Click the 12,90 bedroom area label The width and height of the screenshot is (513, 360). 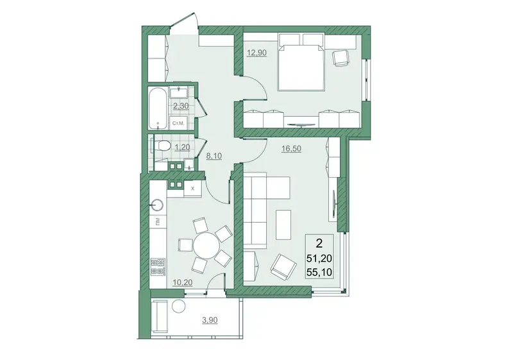257,53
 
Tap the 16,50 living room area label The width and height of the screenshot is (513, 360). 291,149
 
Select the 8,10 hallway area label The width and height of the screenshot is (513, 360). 214,156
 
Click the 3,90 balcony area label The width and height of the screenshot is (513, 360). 210,320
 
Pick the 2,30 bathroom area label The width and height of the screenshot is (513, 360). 181,106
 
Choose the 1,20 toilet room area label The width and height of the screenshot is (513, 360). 182,148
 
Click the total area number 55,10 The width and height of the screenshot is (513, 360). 319,271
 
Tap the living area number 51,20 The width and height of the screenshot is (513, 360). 319,259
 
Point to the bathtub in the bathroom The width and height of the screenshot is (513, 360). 158,108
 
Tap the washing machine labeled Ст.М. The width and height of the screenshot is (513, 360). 178,123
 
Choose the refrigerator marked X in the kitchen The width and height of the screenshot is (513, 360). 192,189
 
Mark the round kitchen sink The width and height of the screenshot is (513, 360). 158,205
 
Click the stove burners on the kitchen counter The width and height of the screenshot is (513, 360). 158,266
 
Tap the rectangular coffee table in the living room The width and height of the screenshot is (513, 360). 283,225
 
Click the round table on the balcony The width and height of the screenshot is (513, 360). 179,306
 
